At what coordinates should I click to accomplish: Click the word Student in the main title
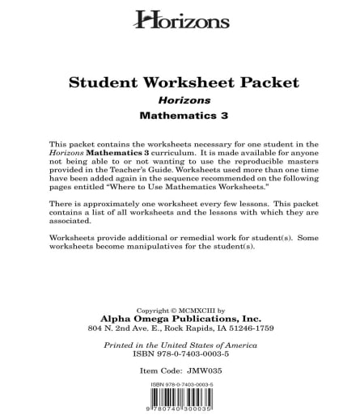(100, 83)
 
